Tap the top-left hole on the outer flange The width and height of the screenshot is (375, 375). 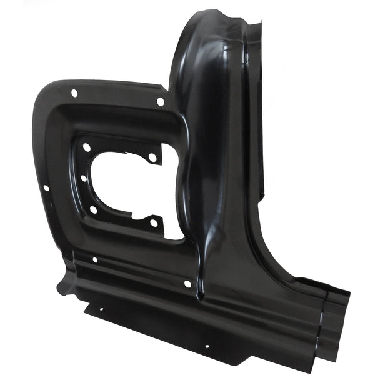[74, 93]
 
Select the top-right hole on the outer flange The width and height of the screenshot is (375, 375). [161, 102]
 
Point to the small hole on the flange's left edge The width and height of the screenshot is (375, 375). [46, 187]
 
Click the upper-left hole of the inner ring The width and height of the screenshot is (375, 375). [86, 147]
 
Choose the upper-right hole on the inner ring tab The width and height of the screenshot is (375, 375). [152, 157]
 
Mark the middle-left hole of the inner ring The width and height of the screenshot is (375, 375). [84, 178]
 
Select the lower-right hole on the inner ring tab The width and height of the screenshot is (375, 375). [154, 222]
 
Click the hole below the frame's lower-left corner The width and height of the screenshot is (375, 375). [94, 259]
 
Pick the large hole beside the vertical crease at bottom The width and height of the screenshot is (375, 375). [187, 284]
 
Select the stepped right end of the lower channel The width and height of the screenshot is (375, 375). [334, 325]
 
